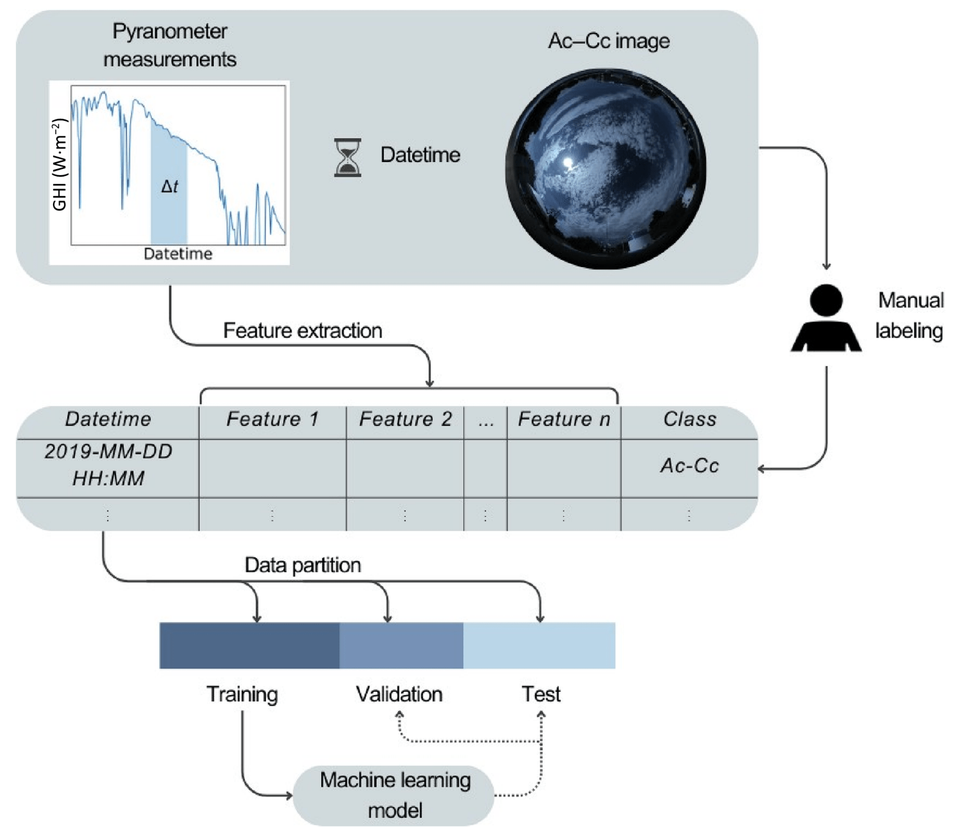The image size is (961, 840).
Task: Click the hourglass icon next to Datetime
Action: (347, 157)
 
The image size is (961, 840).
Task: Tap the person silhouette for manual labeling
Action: (826, 318)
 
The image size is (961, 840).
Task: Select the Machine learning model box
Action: (394, 795)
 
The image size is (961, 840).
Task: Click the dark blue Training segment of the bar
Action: (249, 645)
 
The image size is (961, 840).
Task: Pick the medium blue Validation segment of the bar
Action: (401, 645)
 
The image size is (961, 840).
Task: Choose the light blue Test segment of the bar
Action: (539, 645)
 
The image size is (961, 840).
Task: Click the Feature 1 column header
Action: (272, 419)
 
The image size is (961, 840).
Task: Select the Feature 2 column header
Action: (406, 419)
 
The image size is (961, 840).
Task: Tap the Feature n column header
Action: (564, 419)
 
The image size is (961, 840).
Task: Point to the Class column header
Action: (690, 419)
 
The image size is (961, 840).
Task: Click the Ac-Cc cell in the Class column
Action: (690, 465)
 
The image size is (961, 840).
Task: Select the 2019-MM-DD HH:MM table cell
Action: (108, 464)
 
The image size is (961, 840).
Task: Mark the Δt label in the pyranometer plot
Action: (169, 186)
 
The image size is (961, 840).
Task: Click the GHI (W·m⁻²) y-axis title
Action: (60, 165)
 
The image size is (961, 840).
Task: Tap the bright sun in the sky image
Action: (568, 162)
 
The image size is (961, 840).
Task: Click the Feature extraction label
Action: (302, 331)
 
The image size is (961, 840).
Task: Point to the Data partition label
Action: (302, 565)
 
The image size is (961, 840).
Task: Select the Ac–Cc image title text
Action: (609, 41)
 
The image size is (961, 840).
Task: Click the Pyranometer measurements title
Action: (170, 45)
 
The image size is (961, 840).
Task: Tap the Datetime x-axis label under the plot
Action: (178, 254)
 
